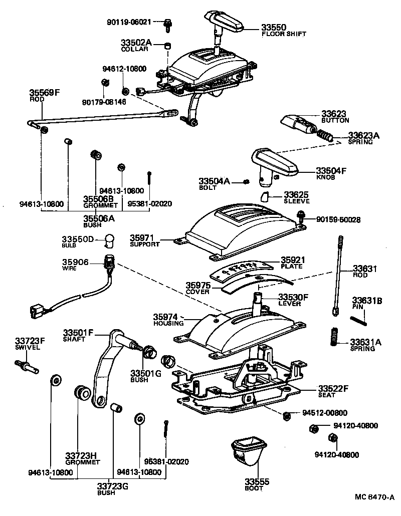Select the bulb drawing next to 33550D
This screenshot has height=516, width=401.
(x=110, y=240)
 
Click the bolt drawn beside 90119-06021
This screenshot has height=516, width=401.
(x=168, y=22)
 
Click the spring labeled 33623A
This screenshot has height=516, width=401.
(x=325, y=135)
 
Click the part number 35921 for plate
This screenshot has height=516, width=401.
(x=292, y=260)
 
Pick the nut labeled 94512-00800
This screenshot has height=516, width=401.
(x=287, y=414)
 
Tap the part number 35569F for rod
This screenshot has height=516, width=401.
(x=44, y=93)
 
